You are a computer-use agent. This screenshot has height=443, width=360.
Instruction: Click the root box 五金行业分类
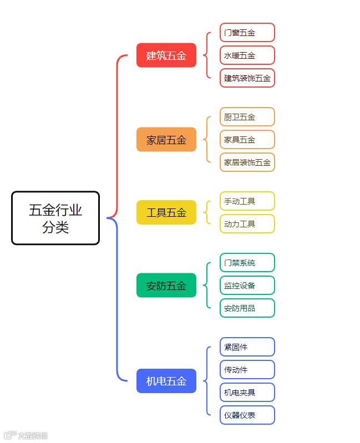point(55,218)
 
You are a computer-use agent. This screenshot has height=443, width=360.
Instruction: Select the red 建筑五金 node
point(166,55)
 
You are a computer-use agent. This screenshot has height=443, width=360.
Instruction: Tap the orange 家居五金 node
point(166,140)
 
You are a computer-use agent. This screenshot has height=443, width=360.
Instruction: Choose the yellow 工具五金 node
point(166,212)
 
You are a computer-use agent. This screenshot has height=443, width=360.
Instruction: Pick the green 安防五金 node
point(166,286)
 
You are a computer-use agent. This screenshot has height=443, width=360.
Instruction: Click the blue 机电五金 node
point(166,381)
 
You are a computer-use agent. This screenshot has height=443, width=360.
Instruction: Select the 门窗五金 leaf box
point(247,33)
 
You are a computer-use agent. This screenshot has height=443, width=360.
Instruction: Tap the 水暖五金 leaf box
point(247,55)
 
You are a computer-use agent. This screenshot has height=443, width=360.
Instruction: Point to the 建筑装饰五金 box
point(247,78)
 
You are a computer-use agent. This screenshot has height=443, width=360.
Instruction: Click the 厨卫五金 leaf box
point(247,117)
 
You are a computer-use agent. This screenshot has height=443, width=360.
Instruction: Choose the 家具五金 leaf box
point(247,140)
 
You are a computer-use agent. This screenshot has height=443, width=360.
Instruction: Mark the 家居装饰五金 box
point(247,162)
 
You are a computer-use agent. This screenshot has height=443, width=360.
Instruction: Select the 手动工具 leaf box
point(247,201)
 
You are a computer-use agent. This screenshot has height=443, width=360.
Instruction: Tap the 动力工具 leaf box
point(247,223)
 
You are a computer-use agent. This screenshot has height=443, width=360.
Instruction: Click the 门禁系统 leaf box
point(247,262)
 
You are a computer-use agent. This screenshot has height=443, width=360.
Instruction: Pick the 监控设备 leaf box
point(247,285)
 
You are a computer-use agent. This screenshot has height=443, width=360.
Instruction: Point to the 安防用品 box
point(247,308)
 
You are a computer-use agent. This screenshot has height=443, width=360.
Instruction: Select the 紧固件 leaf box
point(247,347)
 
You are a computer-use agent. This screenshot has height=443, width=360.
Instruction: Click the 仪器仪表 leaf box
point(247,415)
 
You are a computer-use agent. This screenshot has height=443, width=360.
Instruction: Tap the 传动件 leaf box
point(247,370)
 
